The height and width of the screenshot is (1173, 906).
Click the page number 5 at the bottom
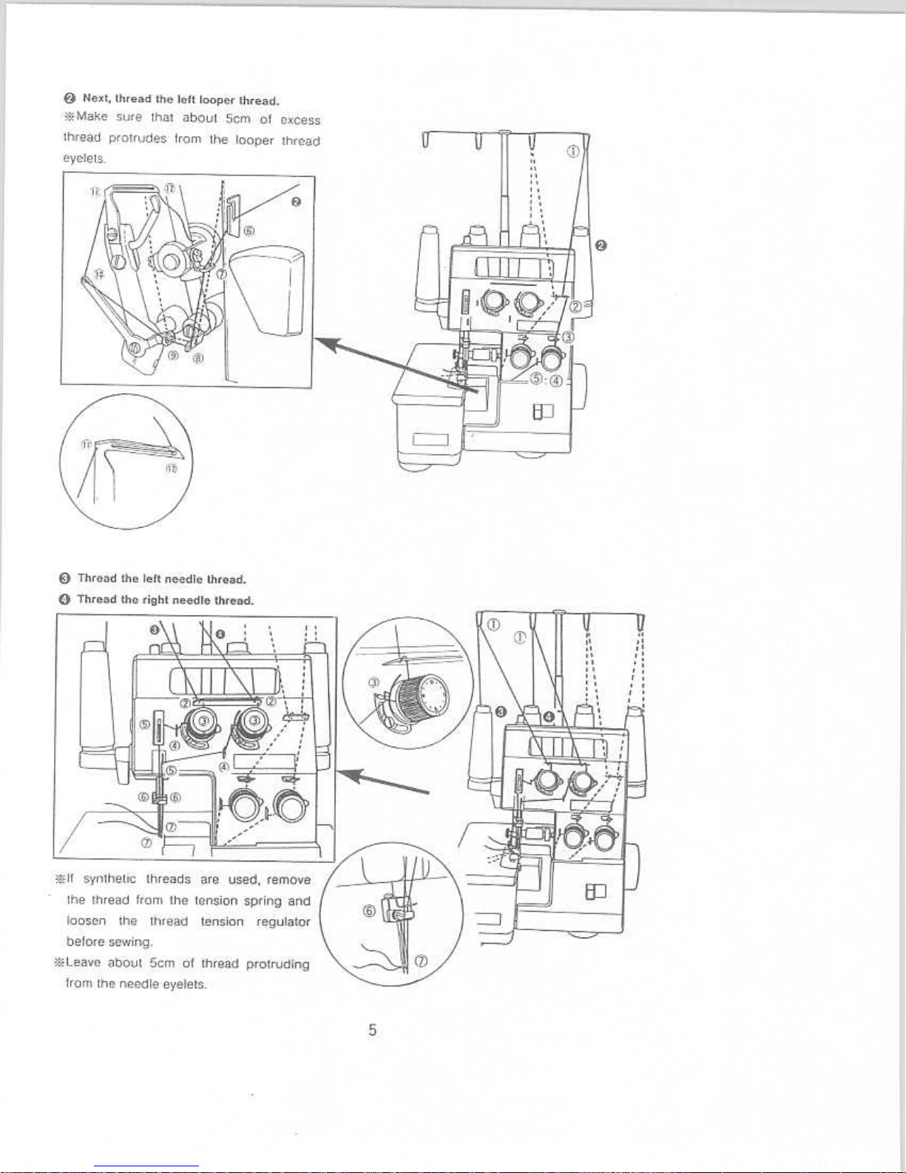(373, 1029)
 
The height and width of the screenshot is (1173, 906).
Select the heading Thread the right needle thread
(166, 600)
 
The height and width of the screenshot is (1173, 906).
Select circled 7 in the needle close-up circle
(421, 961)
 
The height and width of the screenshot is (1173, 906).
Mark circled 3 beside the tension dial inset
(373, 682)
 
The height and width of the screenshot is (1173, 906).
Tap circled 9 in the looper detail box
(172, 355)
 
